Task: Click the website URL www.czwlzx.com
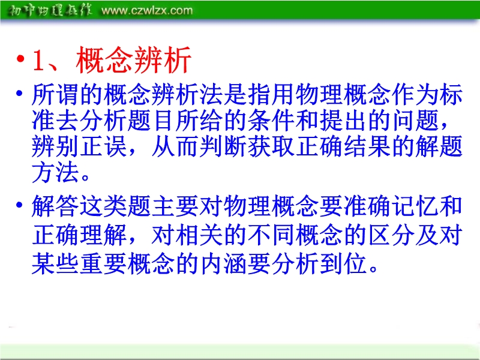coord(147,11)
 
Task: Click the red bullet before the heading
coord(20,58)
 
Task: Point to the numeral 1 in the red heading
coord(39,61)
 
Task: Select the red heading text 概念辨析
coord(134,60)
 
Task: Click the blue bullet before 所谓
coord(19,93)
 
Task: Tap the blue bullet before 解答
coord(19,205)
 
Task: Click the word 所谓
coord(55,94)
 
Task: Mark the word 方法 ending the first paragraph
coord(55,172)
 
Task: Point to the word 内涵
coord(223,263)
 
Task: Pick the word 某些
coord(55,263)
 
